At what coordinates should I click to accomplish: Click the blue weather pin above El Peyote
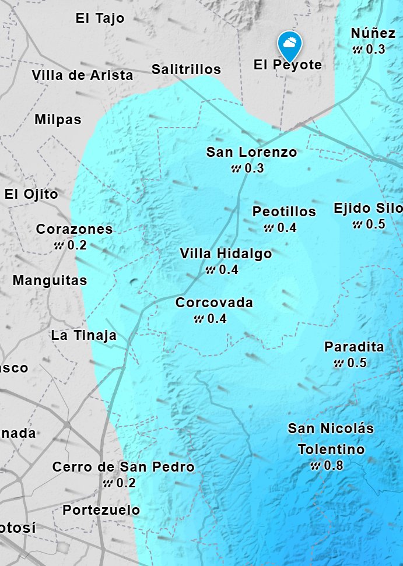(289, 43)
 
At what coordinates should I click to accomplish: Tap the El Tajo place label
(100, 18)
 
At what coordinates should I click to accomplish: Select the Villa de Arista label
(82, 75)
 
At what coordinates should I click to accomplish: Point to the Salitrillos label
(186, 69)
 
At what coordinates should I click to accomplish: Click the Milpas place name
(58, 119)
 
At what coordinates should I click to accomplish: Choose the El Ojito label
(31, 194)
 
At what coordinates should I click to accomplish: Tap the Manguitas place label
(50, 280)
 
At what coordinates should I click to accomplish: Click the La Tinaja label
(83, 335)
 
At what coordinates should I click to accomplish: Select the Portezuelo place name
(101, 510)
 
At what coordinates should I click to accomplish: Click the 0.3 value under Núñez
(375, 49)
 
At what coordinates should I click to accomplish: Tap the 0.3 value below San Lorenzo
(254, 168)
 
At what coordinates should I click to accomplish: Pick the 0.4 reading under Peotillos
(286, 227)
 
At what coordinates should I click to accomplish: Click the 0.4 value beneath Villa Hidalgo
(228, 270)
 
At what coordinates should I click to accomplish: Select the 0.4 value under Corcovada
(216, 319)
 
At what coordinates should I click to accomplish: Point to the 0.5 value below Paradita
(356, 363)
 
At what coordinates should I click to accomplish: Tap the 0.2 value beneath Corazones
(76, 245)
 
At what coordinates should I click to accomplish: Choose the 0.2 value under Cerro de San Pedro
(125, 483)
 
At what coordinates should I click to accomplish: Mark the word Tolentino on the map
(331, 449)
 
